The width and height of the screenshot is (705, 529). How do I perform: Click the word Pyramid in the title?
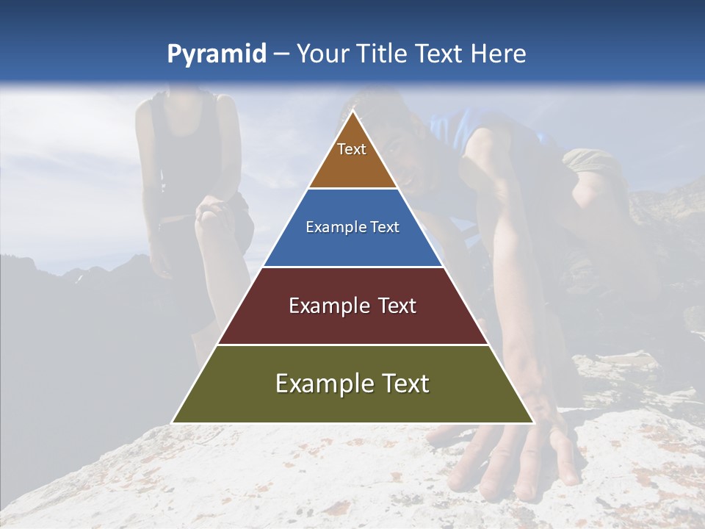[x=216, y=54]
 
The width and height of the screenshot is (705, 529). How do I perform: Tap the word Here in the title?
[x=498, y=54]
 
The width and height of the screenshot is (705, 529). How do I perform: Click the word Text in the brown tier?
[x=352, y=149]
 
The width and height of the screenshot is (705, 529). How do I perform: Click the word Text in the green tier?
[x=402, y=384]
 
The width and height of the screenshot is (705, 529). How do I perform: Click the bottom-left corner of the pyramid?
[x=173, y=422]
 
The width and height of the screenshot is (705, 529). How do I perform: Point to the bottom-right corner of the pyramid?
[x=532, y=422]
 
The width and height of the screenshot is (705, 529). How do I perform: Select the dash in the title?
[x=281, y=54]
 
